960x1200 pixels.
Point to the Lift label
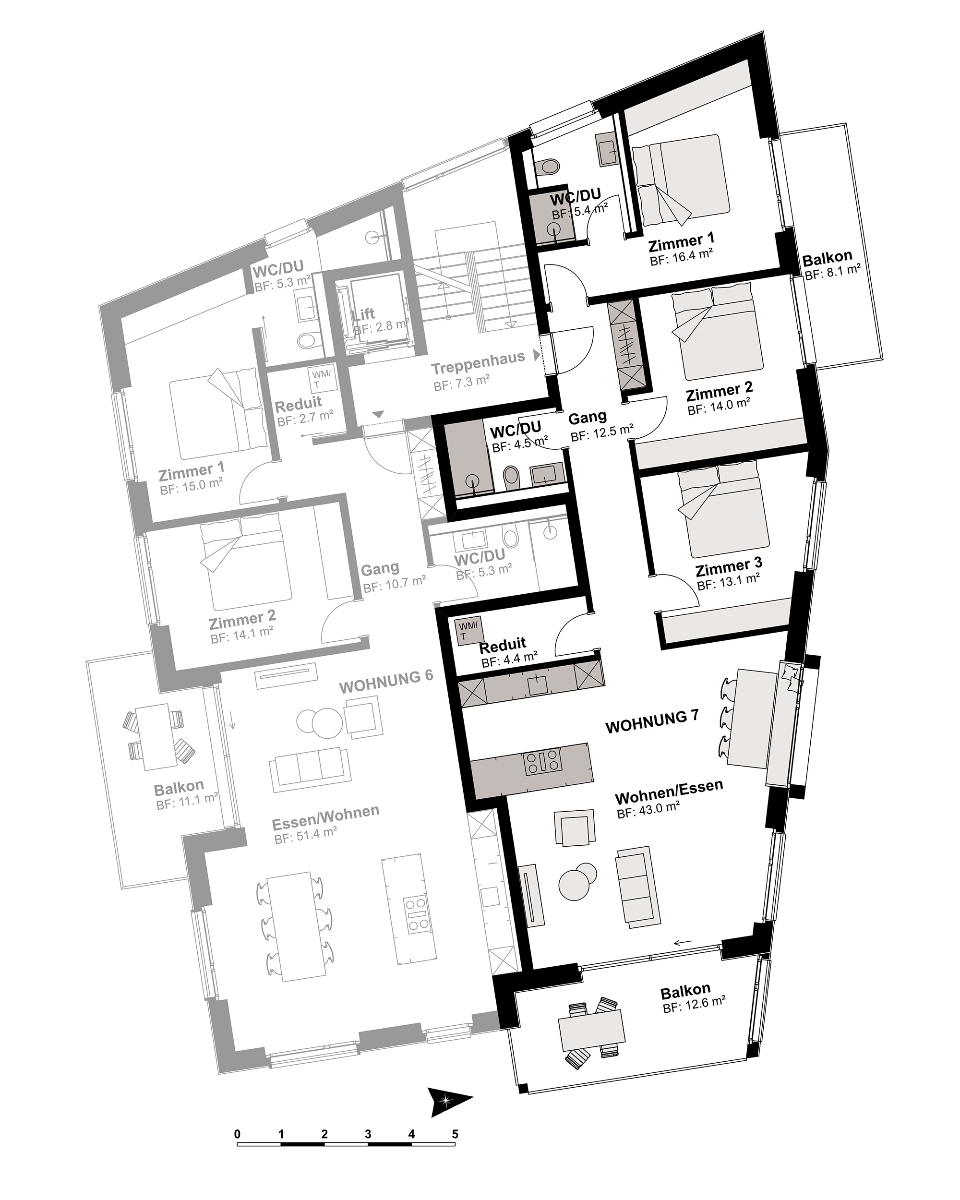click(x=363, y=314)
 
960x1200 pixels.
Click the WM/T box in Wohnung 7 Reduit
click(x=468, y=631)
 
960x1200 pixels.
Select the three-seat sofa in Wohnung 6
click(x=310, y=770)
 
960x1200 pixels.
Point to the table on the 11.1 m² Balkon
click(x=153, y=736)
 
